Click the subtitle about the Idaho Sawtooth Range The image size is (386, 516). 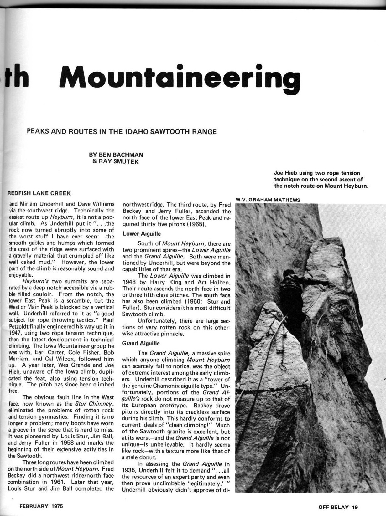tap(122, 131)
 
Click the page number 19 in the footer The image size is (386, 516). tap(355, 507)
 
